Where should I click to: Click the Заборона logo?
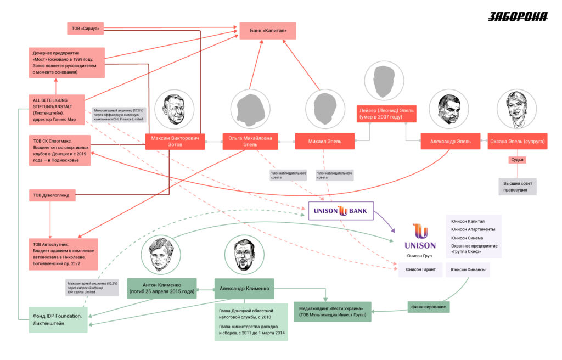click(518, 16)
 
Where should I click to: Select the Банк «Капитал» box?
click(267, 31)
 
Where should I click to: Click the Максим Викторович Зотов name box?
click(175, 141)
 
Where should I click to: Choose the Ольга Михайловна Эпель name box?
click(250, 141)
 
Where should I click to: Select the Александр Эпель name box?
click(450, 141)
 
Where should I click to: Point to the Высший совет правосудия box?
click(517, 186)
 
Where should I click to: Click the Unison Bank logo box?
click(340, 210)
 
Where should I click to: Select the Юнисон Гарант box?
click(420, 269)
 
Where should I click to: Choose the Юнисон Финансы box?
click(468, 269)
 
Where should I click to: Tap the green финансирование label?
click(428, 306)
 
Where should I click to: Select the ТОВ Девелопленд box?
click(52, 195)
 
